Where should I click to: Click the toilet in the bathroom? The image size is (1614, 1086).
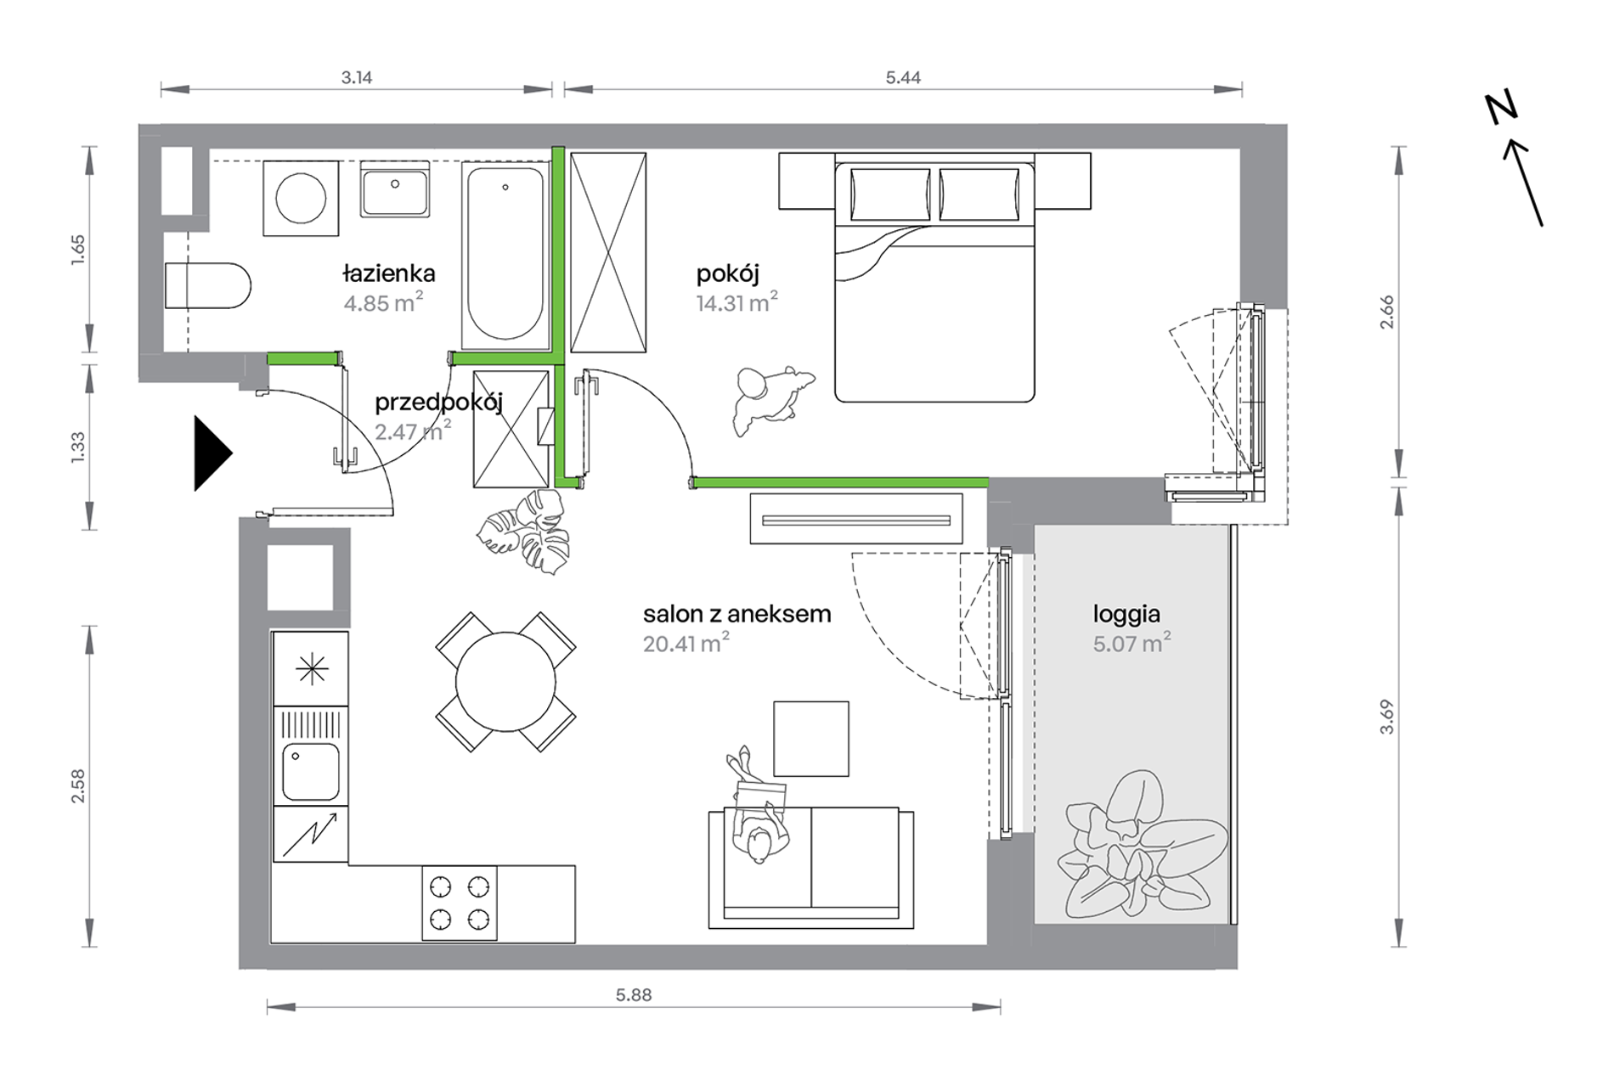click(x=208, y=285)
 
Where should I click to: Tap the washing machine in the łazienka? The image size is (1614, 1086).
click(x=301, y=198)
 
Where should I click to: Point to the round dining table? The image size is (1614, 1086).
click(x=505, y=681)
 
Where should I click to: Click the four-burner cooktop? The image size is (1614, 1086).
click(x=460, y=903)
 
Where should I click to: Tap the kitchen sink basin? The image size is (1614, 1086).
click(x=311, y=772)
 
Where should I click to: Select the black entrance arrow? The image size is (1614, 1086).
click(x=212, y=453)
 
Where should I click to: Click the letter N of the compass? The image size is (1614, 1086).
click(x=1501, y=109)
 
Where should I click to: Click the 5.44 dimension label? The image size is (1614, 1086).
click(x=903, y=77)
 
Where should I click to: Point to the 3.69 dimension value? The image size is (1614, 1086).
click(x=1386, y=717)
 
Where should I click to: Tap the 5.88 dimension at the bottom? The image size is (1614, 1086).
click(x=634, y=995)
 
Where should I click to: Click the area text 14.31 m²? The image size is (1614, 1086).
click(x=736, y=302)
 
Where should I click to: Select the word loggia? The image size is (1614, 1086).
click(x=1126, y=615)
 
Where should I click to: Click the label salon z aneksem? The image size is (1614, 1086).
click(x=736, y=614)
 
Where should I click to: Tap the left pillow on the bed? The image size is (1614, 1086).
click(x=889, y=194)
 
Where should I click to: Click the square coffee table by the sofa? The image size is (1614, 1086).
click(x=811, y=739)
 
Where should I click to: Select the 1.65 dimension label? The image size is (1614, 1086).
click(x=78, y=250)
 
